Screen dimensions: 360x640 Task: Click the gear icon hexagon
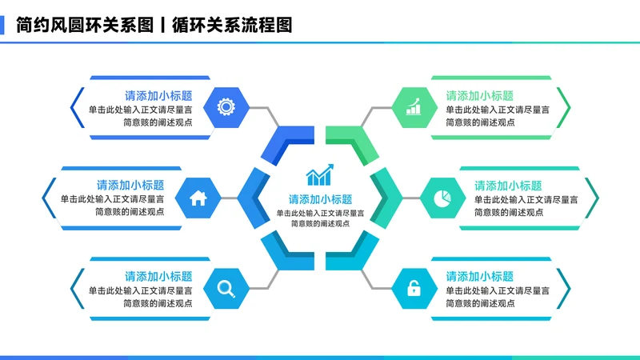[226, 106]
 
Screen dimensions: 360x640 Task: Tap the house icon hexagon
[198, 197]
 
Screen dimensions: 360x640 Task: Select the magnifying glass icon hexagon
[226, 288]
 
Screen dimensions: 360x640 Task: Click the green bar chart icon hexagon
[414, 106]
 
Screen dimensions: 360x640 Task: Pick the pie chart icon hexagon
[442, 197]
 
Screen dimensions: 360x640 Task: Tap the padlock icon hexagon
[414, 288]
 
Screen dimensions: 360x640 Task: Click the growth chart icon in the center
[320, 174]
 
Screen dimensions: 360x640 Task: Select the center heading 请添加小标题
[320, 199]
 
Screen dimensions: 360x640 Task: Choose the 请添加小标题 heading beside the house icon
[130, 186]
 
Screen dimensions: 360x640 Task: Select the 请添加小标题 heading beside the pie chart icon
[508, 186]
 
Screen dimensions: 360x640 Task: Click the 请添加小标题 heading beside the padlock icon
[480, 277]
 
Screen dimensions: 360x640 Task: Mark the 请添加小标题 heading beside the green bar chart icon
[480, 95]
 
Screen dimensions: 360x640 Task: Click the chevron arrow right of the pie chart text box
[593, 197]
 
